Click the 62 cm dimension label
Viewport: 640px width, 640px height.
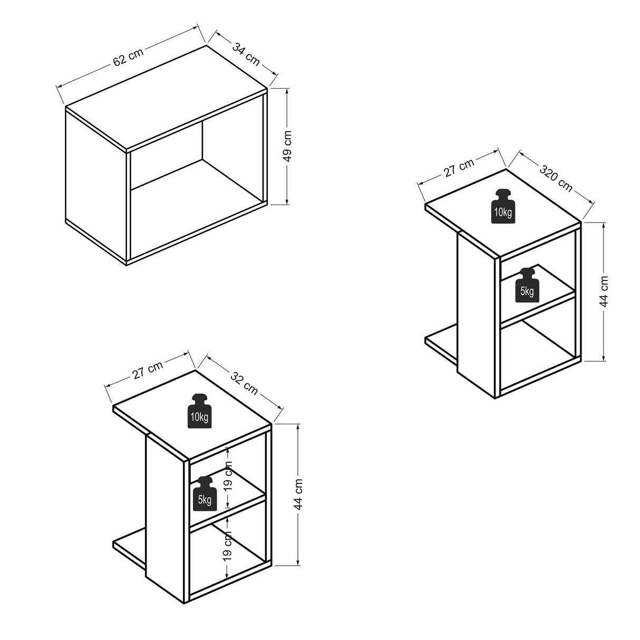click(x=128, y=57)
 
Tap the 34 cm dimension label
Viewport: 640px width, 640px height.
click(x=246, y=54)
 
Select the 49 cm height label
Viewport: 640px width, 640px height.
click(x=287, y=146)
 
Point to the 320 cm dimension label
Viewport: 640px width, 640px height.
click(x=556, y=178)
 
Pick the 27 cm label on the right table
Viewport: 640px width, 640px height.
click(x=459, y=168)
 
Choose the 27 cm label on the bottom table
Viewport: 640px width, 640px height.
click(x=148, y=370)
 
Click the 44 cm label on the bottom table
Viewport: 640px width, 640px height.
click(x=298, y=494)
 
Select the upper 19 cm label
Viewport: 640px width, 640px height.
click(x=228, y=476)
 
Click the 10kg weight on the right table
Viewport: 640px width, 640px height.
click(x=503, y=206)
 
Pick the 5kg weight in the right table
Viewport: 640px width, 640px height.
click(x=527, y=285)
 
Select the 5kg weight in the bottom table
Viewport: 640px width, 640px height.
click(x=205, y=493)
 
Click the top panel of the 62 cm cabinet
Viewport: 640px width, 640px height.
click(x=166, y=99)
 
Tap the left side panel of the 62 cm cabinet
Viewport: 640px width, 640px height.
click(x=96, y=186)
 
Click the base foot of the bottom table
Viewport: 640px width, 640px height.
click(x=130, y=546)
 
